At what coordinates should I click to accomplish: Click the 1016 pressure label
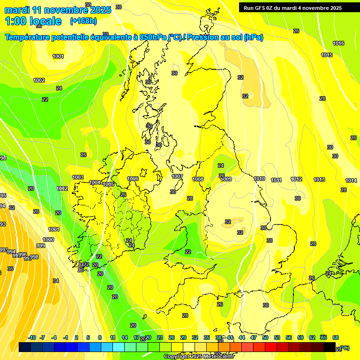point(338,43)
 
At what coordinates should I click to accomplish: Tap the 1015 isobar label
point(327,55)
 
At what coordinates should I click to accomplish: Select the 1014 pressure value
point(351,180)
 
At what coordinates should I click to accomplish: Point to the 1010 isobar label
point(259,179)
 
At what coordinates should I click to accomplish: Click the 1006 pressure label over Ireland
point(133,179)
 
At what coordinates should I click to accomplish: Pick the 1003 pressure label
point(78,177)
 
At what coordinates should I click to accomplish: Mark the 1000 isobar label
point(48,240)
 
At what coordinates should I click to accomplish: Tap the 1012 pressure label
point(296,179)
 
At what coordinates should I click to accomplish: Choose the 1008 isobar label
point(198,179)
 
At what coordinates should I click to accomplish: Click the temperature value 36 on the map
point(10,269)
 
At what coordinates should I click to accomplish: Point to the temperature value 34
point(56,281)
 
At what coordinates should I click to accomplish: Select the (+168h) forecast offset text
point(83,21)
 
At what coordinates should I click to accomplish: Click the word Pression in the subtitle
point(205,37)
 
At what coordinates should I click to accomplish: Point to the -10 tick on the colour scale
point(32,337)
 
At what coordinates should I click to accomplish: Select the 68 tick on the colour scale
point(335,337)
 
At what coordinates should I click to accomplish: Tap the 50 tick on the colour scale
point(265,337)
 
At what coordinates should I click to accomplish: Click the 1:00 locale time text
point(33,21)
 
